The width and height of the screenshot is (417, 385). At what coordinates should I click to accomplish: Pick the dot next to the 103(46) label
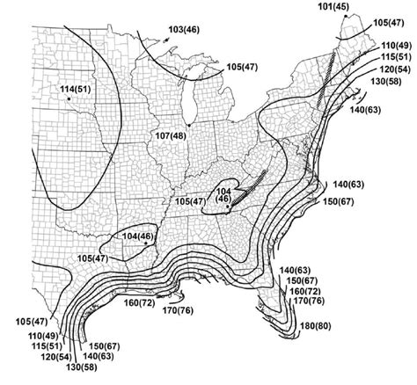click(x=165, y=37)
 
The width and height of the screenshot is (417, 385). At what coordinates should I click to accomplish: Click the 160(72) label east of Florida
click(x=304, y=291)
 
